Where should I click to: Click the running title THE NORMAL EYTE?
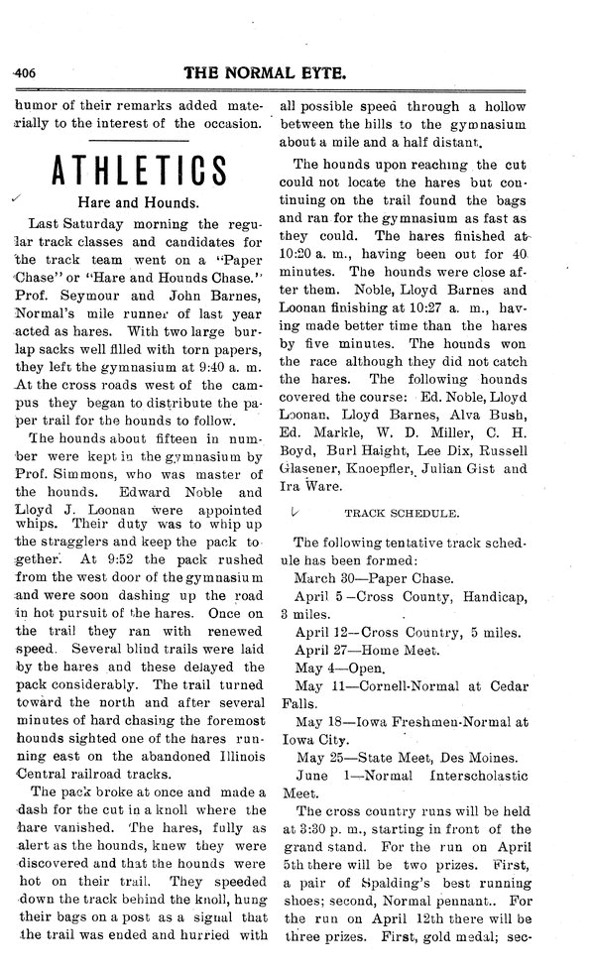[291, 71]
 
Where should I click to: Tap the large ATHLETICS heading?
[140, 171]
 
